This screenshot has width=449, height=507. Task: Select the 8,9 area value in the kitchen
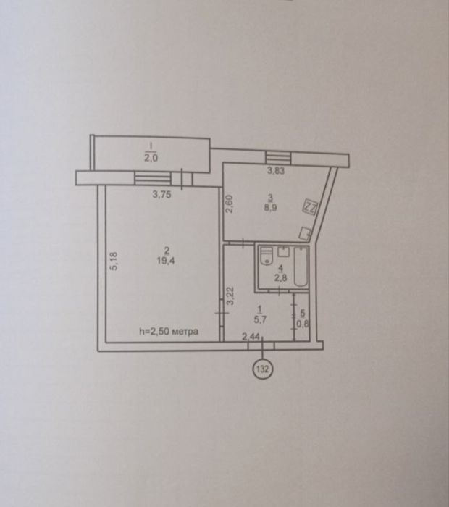269,206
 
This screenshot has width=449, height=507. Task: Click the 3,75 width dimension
163,193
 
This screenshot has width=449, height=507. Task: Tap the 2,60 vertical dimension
229,206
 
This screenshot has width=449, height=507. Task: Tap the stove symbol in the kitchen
309,206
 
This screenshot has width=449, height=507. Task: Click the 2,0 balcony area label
149,154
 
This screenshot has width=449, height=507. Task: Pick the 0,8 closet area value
302,324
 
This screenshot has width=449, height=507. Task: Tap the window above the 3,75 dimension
149,177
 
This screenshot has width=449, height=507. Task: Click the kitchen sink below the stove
306,233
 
